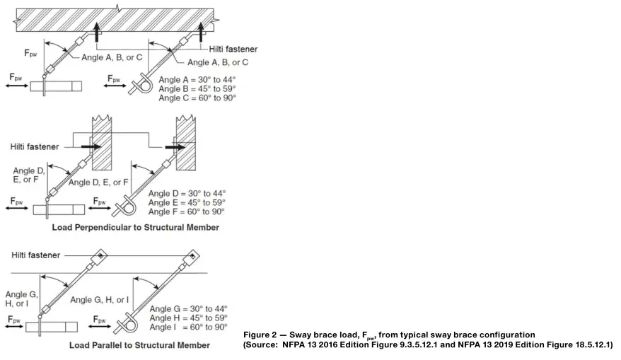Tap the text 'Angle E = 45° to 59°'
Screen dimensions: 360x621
coord(186,202)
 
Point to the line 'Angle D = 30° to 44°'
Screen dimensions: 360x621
coord(186,194)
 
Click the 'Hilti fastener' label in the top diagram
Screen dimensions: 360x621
coord(233,49)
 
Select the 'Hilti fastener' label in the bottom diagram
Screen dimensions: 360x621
coord(35,255)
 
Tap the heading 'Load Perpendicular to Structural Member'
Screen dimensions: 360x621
coord(135,228)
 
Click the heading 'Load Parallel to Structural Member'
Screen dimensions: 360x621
coord(139,345)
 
